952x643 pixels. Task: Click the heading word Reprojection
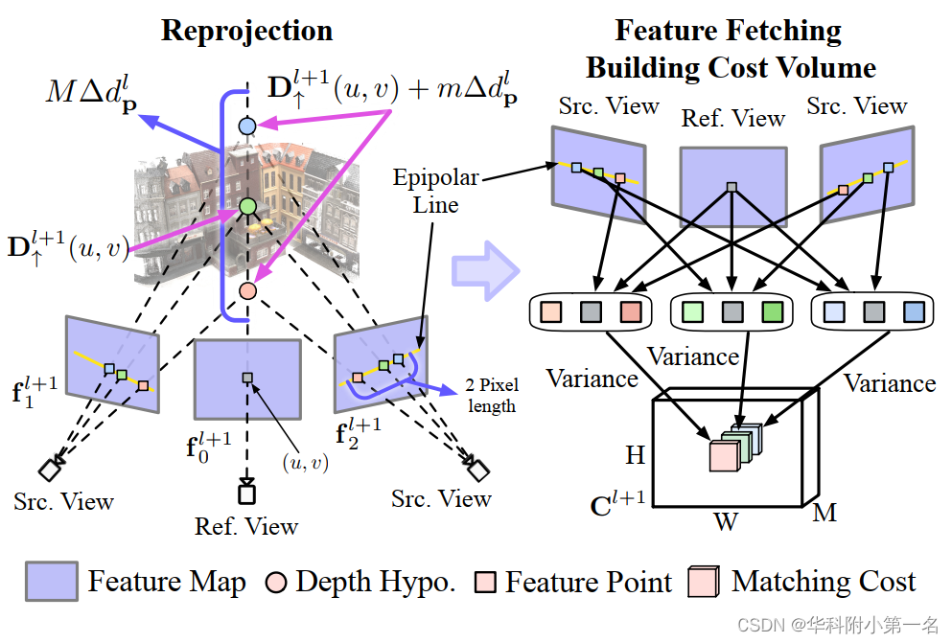[x=246, y=30]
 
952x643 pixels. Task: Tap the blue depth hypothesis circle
[x=247, y=126]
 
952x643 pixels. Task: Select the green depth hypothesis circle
[x=247, y=205]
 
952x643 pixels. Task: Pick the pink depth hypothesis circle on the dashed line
[x=246, y=289]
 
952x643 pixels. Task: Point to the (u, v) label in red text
[x=305, y=463]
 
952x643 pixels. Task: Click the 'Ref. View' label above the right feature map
[x=732, y=119]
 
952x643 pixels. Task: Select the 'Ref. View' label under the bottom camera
[x=246, y=526]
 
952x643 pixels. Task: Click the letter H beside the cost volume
[x=635, y=455]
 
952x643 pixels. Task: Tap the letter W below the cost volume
[x=725, y=523]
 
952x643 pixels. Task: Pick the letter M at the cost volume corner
[x=824, y=513]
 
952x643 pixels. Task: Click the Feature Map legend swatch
[x=50, y=582]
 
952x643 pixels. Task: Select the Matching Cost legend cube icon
[x=705, y=582]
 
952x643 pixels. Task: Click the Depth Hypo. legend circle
[x=276, y=583]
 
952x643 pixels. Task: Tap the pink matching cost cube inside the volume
[x=723, y=455]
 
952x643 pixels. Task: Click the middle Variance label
[x=692, y=357]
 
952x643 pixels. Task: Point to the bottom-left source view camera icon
[x=50, y=470]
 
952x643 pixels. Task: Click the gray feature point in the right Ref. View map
[x=731, y=187]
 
